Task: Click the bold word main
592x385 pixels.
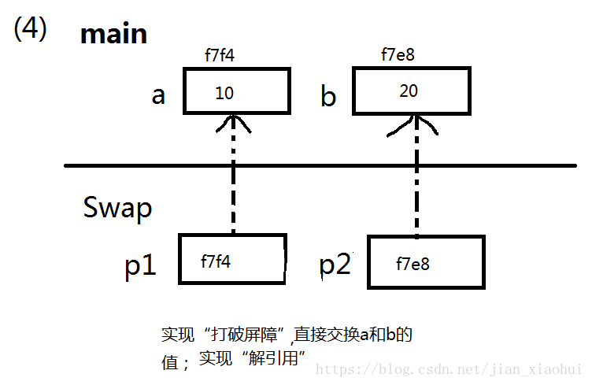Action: coord(113,34)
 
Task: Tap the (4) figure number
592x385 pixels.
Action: coord(30,29)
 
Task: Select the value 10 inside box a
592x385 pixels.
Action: coord(224,93)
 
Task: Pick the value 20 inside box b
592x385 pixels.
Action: coord(409,91)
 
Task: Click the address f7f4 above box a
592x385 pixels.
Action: coord(220,57)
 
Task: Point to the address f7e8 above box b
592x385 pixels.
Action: coord(398,55)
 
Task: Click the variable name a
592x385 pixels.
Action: coord(158,95)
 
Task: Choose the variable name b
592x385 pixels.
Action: coord(328,97)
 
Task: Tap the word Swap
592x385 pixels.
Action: coord(117,209)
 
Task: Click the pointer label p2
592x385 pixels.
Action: coord(335,265)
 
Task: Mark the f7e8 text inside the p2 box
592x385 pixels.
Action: coord(413,264)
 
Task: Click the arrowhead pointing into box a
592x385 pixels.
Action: coord(233,121)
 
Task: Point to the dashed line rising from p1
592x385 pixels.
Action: coord(233,189)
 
